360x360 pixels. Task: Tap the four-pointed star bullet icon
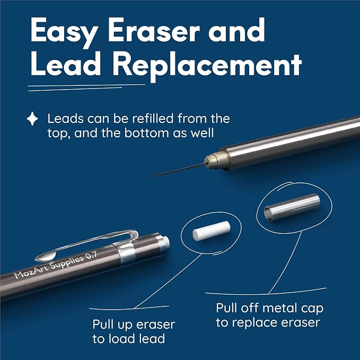pos(32,119)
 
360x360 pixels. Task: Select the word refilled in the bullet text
pos(153,118)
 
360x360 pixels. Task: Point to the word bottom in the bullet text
pos(147,133)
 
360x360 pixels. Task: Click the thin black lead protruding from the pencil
pos(179,170)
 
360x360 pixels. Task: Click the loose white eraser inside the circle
pos(212,231)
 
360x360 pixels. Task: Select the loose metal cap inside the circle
pos(292,207)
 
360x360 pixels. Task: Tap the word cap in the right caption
pos(312,310)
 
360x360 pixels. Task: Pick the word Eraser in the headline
pos(154,30)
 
